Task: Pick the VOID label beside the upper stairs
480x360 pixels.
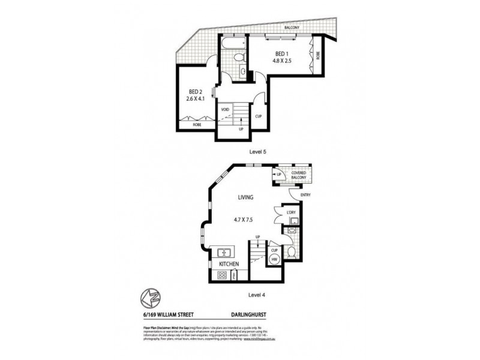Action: (226, 110)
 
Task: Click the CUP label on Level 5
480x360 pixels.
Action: (259, 116)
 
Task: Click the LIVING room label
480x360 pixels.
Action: (245, 197)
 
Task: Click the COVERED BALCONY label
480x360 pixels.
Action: (299, 176)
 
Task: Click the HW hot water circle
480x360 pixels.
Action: (275, 258)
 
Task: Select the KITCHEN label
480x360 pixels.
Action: (229, 264)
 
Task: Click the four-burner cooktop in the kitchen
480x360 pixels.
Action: (221, 275)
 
